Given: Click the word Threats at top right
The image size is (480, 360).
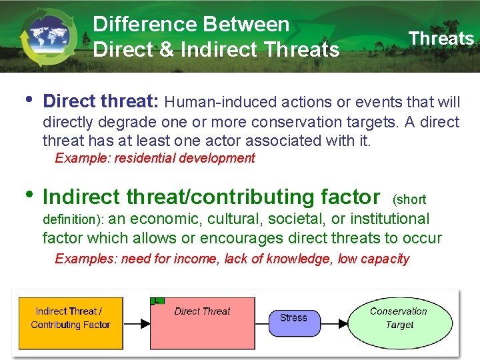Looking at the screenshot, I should point(441,39).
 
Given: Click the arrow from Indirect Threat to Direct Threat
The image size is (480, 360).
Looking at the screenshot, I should point(137,325).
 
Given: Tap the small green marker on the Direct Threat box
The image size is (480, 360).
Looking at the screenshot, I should point(157,301).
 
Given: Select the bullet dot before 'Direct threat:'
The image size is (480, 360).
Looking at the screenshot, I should point(27,101).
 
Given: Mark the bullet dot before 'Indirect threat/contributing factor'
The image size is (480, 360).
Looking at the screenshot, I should point(27,195).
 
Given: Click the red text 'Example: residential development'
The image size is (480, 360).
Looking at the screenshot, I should point(155,158).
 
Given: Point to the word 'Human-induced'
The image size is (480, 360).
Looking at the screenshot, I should point(210,103).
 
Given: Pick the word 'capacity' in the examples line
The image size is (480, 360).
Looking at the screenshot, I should point(385,259).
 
